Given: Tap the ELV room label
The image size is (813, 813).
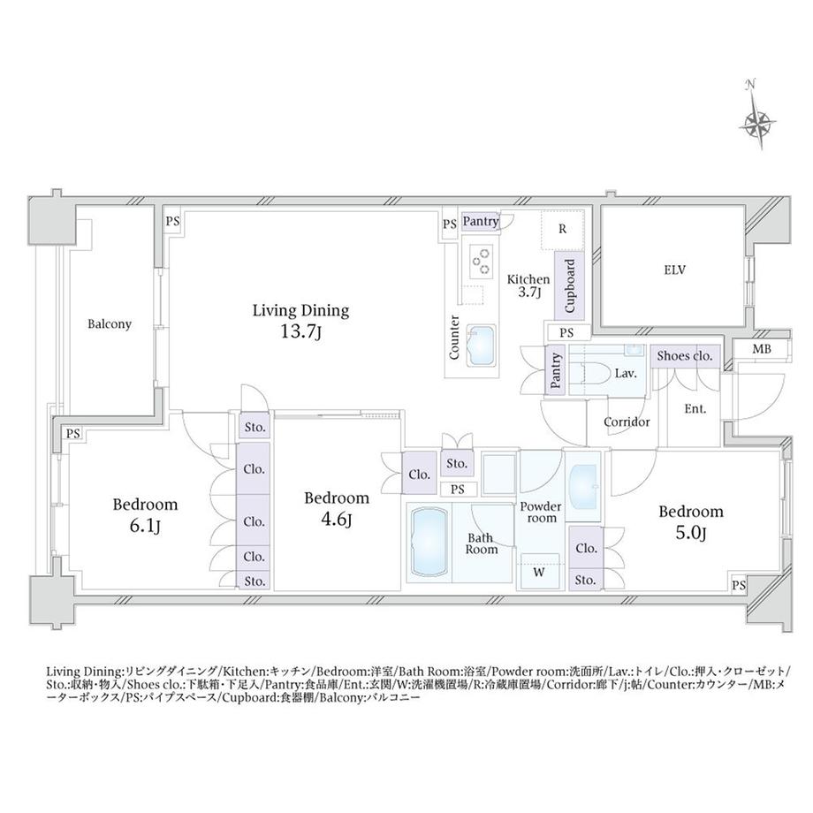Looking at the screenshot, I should coord(677,270).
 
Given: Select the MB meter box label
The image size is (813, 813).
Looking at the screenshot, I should coord(761,349).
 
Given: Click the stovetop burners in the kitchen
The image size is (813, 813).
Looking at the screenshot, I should coord(482,258).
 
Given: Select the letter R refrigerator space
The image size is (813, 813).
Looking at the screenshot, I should coord(562,228).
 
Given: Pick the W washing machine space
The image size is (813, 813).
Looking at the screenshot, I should coord(538,572).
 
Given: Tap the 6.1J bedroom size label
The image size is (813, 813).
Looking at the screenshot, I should coord(145,528).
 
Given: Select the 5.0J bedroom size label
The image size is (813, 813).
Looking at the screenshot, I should coord(691,534).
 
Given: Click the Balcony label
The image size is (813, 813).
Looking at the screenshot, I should coord(110,324).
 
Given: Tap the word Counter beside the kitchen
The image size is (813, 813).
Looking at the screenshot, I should coord(454,338).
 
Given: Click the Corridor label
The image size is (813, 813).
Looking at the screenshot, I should coord(627,422).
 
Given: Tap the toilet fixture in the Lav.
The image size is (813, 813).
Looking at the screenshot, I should coord(599,373).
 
